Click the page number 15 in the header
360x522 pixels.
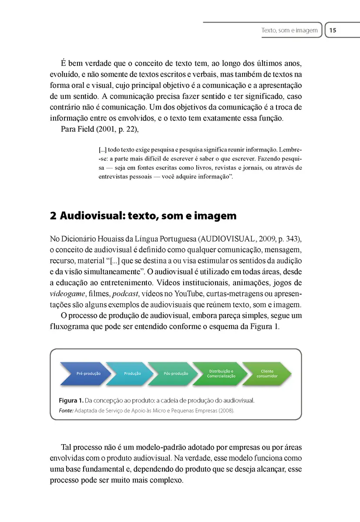(333, 30)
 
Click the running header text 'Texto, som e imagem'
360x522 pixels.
(289, 30)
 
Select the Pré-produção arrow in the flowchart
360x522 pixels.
(85, 373)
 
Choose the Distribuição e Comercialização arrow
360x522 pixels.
(221, 373)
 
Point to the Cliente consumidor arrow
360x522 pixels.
(267, 373)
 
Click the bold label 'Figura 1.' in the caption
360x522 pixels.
(71, 400)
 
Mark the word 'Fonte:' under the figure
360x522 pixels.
(66, 410)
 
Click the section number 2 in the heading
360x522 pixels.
(53, 216)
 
